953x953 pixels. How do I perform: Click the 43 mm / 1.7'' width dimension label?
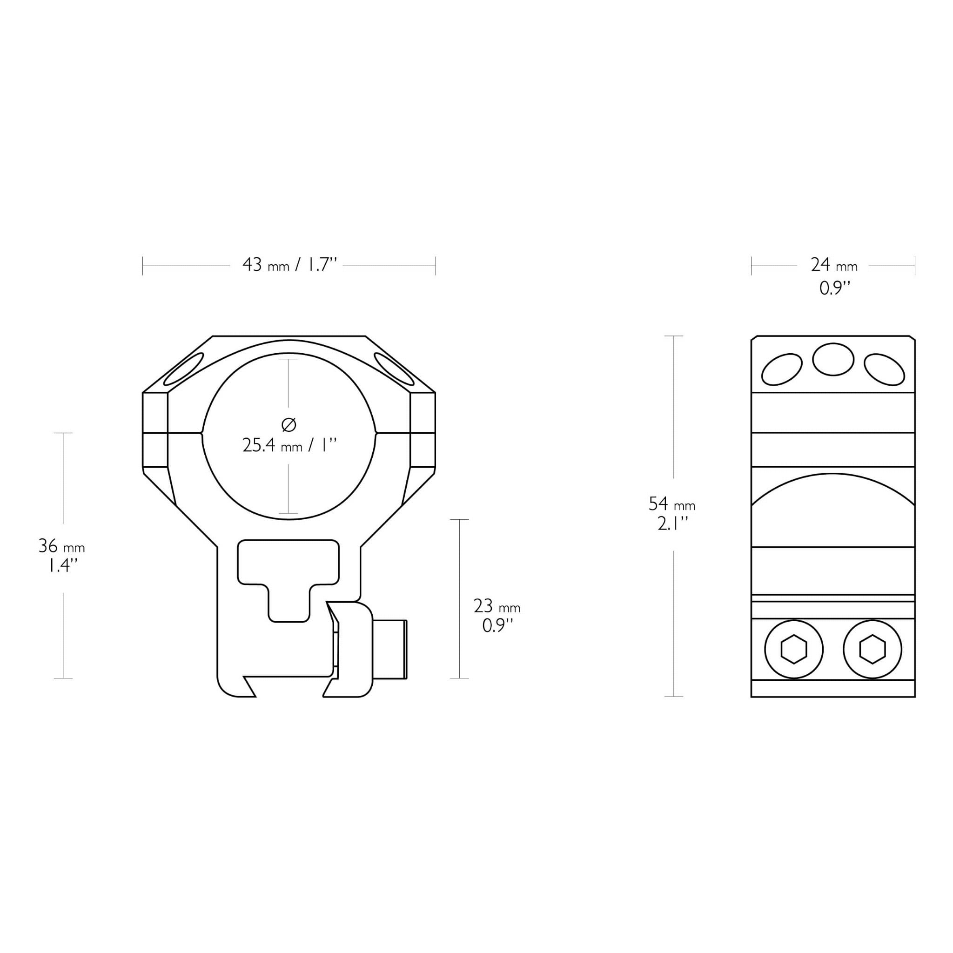289,265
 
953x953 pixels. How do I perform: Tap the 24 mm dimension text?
834,265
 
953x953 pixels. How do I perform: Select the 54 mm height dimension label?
672,503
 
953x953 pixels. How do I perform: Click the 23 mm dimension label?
497,606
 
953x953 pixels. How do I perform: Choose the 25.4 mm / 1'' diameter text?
289,446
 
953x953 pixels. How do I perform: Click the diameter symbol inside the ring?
289,424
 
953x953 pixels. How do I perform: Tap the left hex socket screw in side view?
794,649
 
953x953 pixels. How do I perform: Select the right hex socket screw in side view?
872,649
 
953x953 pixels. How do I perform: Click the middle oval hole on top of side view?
833,360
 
